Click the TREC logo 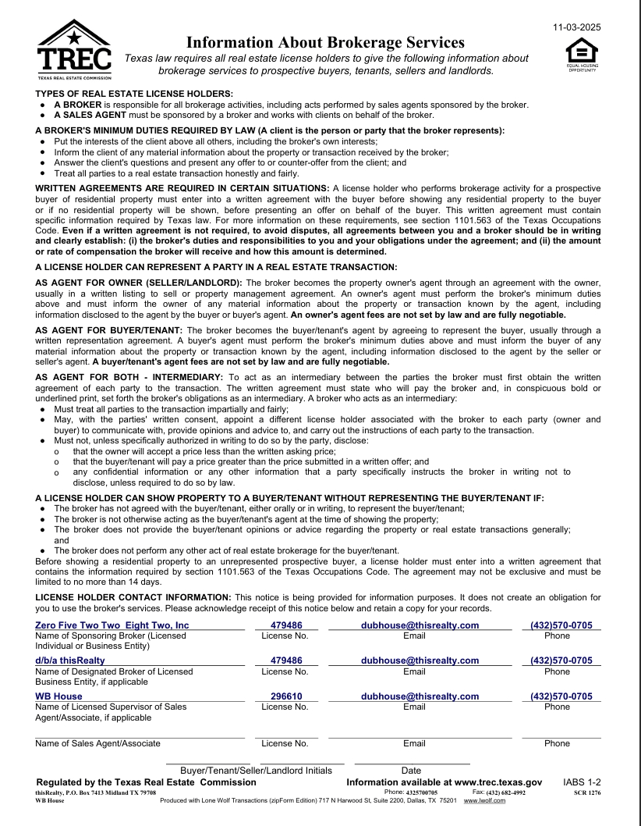(74, 50)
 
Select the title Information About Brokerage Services (326, 42)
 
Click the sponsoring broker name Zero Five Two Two (112, 625)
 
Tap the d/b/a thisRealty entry (70, 660)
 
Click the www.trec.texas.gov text (493, 781)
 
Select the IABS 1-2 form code (582, 781)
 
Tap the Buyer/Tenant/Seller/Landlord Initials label (256, 771)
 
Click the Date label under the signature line (411, 771)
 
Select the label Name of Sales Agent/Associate (97, 743)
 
